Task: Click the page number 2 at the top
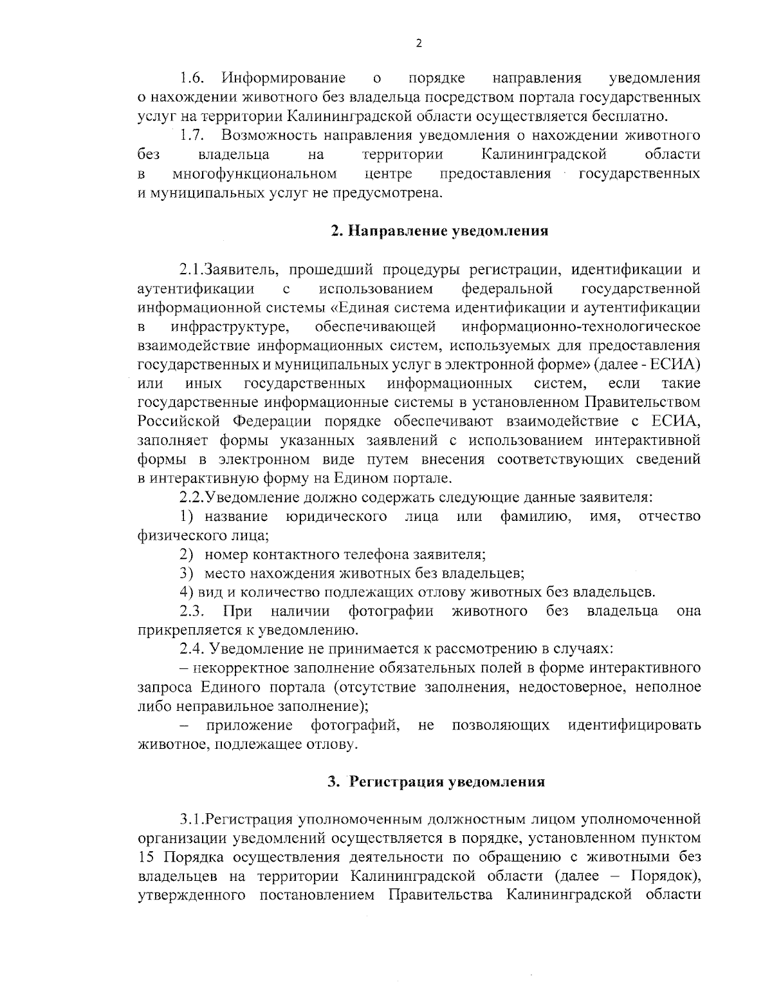coord(419,43)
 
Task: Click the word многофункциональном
coord(255,174)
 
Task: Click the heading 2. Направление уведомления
coord(439,231)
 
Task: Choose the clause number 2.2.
coord(192,497)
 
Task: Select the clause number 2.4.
coord(192,649)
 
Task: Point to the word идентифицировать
coord(634,725)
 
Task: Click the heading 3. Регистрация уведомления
coord(436,782)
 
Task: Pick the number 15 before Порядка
coord(147,858)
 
